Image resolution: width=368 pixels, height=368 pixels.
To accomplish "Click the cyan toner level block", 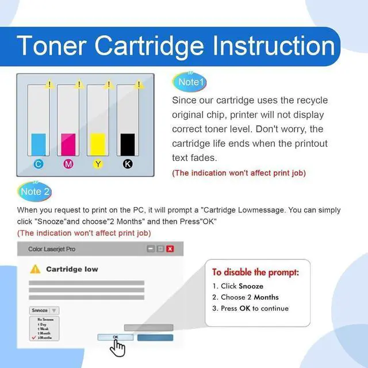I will click(x=38, y=144).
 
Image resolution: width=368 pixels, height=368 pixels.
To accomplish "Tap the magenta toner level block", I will click(x=68, y=144).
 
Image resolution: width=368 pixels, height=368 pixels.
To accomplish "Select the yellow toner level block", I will click(x=98, y=144).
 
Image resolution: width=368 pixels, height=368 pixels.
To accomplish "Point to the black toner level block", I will click(x=128, y=144).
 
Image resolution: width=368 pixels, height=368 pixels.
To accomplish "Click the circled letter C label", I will click(x=38, y=164).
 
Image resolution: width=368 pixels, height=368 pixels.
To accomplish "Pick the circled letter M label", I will click(x=68, y=164).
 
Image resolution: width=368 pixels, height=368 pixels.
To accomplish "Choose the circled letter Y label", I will click(x=98, y=164).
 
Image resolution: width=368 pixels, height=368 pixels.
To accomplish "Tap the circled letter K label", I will click(x=128, y=164).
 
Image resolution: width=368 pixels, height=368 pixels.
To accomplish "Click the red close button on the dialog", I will click(x=170, y=249).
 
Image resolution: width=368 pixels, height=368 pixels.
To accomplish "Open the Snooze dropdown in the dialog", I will click(x=44, y=310).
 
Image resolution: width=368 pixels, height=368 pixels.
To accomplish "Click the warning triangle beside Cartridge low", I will click(x=36, y=269).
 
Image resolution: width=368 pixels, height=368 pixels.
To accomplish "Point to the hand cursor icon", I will click(x=118, y=347).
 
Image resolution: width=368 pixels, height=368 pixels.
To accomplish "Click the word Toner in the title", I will click(x=52, y=45).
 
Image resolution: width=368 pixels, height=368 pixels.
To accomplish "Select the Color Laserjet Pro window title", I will click(x=52, y=249).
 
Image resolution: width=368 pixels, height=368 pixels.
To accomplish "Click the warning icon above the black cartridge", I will click(x=139, y=85).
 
